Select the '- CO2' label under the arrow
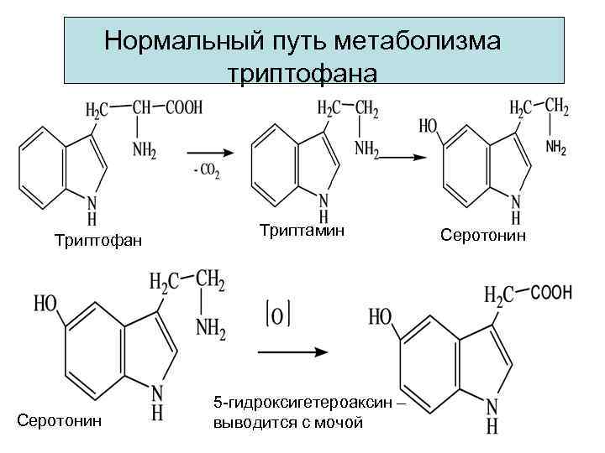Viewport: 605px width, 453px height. pos(205,172)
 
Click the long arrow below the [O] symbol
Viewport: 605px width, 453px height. pos(291,351)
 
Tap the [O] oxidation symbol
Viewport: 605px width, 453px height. pos(277,315)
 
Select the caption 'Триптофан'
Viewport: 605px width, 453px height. pos(97,242)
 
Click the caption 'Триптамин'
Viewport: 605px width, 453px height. pos(302,229)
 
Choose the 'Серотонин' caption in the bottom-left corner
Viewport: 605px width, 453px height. pos(59,419)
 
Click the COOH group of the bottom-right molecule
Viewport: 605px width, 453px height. pos(550,293)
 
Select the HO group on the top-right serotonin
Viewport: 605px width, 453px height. pos(428,128)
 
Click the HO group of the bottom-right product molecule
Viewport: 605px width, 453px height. pos(381,317)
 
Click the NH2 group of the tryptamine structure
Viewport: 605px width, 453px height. pos(366,148)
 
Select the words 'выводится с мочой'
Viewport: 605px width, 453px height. pos(290,422)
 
